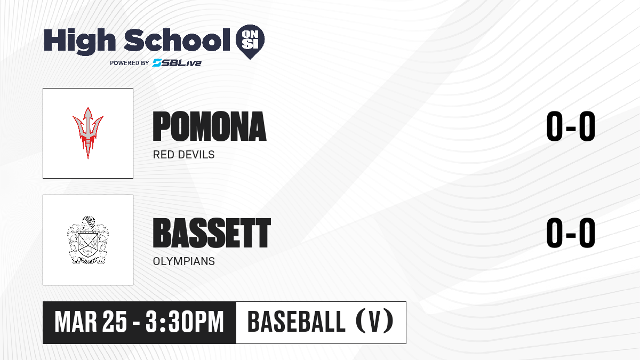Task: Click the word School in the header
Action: click(x=177, y=40)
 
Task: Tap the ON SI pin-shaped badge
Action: click(x=250, y=42)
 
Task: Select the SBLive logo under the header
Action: click(x=177, y=62)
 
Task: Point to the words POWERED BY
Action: click(x=130, y=63)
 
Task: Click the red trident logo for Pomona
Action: click(x=88, y=133)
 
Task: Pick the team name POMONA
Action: click(x=210, y=126)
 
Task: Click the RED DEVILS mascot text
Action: click(x=183, y=155)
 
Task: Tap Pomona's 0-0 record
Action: click(x=571, y=126)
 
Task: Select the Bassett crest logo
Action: click(x=88, y=240)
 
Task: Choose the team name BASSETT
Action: click(x=212, y=233)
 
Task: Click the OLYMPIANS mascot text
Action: click(x=183, y=261)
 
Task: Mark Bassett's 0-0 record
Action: click(x=571, y=233)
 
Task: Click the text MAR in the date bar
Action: click(x=76, y=322)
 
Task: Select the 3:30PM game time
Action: click(x=185, y=322)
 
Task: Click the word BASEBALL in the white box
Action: click(x=297, y=322)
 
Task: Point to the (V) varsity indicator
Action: click(x=374, y=322)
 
